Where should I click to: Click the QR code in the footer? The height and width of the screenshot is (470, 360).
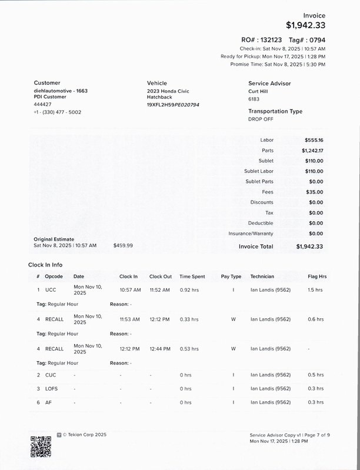tap(41, 447)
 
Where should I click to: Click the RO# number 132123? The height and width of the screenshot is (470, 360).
tap(272, 39)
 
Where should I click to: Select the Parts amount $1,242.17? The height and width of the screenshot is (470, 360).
tap(312, 151)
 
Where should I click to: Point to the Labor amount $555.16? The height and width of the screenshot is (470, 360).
tap(314, 140)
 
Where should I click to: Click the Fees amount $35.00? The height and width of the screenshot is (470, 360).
tap(315, 192)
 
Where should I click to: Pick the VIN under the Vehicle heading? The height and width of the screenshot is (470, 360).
tap(173, 105)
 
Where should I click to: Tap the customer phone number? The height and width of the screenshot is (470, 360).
tap(58, 112)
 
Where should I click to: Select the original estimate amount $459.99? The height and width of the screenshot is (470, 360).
tap(123, 245)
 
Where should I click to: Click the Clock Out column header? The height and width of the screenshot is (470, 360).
tap(161, 276)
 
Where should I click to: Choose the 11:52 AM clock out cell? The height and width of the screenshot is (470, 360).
tap(159, 290)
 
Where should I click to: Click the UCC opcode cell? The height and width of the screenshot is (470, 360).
tap(51, 290)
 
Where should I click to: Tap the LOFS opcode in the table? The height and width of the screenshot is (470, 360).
tap(52, 389)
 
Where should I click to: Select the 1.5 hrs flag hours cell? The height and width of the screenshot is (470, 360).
tap(315, 290)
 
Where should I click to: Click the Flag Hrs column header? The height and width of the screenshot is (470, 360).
tap(317, 276)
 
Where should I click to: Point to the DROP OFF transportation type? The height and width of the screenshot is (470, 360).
tap(261, 119)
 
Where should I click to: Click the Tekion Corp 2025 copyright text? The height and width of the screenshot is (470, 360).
tap(85, 435)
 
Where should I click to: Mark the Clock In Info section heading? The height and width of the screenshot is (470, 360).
tap(45, 265)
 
